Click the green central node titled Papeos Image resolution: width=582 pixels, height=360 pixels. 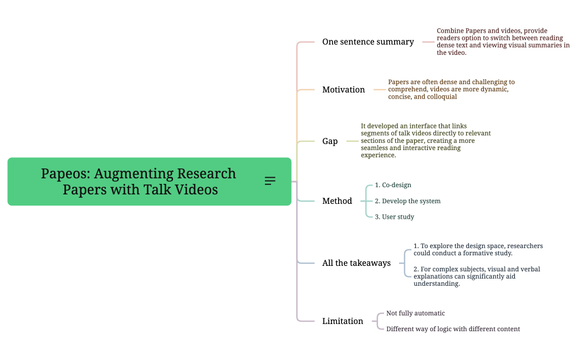tap(139, 181)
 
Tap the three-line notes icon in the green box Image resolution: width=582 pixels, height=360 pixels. tap(270, 181)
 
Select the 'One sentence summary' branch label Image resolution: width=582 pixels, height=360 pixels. tap(368, 42)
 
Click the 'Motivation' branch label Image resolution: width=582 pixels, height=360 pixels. tap(344, 90)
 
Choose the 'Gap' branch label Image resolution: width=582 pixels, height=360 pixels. tap(330, 141)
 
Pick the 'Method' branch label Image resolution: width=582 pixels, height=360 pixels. tap(337, 201)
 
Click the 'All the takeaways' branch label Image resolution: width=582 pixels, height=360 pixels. tap(356, 263)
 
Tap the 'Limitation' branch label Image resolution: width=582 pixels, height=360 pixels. tap(343, 321)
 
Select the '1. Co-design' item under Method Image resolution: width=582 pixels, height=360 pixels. tap(393, 185)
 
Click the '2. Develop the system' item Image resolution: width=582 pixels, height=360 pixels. tap(407, 201)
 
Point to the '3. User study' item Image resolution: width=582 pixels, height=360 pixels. tap(394, 217)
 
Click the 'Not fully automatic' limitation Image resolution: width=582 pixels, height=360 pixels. tap(415, 313)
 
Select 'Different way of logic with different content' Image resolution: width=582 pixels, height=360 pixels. tap(453, 329)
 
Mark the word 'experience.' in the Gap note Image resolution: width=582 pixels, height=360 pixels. tap(379, 156)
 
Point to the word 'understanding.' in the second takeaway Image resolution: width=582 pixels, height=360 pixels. tap(437, 284)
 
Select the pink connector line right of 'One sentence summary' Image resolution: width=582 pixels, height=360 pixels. tap(428, 42)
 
